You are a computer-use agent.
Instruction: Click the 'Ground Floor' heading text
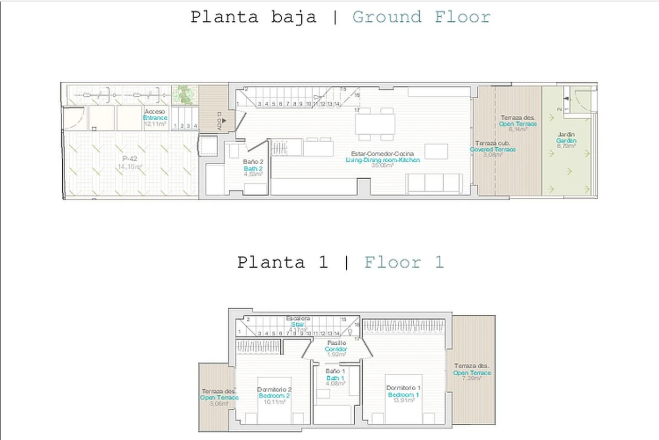[421, 17]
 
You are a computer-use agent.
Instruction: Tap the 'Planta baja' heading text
[253, 17]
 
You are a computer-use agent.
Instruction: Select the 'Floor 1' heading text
[404, 262]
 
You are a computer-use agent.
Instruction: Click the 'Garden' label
[566, 140]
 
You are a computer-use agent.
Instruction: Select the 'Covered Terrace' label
[493, 150]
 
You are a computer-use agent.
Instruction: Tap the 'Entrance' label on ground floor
[155, 118]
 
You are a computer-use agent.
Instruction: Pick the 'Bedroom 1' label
[404, 395]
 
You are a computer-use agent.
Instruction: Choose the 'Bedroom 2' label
[274, 396]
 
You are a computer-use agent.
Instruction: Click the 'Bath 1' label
[336, 377]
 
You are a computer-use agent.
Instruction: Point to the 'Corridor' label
[336, 349]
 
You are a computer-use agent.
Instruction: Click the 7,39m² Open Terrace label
[472, 373]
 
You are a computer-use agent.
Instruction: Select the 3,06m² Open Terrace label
[219, 397]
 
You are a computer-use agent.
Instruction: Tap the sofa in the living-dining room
[433, 184]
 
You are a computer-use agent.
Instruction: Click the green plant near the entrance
[184, 94]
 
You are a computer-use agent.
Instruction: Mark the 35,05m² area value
[382, 165]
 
